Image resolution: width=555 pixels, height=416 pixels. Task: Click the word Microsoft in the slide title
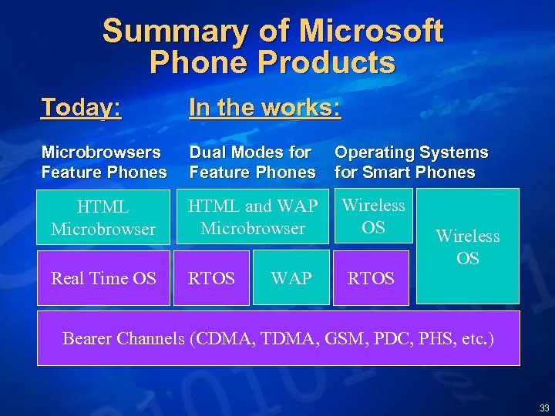tap(371, 32)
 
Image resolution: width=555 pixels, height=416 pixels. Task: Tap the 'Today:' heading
tap(81, 108)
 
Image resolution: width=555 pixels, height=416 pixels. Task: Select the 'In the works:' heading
tap(264, 108)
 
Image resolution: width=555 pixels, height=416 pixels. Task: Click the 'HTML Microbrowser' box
tap(103, 218)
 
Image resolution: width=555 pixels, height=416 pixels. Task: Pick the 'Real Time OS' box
tap(103, 278)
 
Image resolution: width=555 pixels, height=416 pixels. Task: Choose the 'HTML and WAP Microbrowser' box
tap(253, 217)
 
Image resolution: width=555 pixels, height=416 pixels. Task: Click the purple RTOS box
tap(212, 278)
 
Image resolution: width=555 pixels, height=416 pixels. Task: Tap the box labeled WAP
tap(291, 278)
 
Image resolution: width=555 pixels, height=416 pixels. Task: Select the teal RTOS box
tap(372, 278)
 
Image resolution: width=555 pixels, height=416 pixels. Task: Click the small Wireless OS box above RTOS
tap(373, 216)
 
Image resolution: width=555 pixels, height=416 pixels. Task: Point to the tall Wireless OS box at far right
tap(467, 247)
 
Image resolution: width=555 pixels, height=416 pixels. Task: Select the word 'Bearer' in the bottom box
tap(91, 338)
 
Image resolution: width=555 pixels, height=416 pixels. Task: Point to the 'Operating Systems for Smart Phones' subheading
tap(411, 163)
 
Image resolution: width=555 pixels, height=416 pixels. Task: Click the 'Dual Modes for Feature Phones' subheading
tap(252, 163)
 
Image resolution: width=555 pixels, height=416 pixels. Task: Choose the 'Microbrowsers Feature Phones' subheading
tap(103, 163)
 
